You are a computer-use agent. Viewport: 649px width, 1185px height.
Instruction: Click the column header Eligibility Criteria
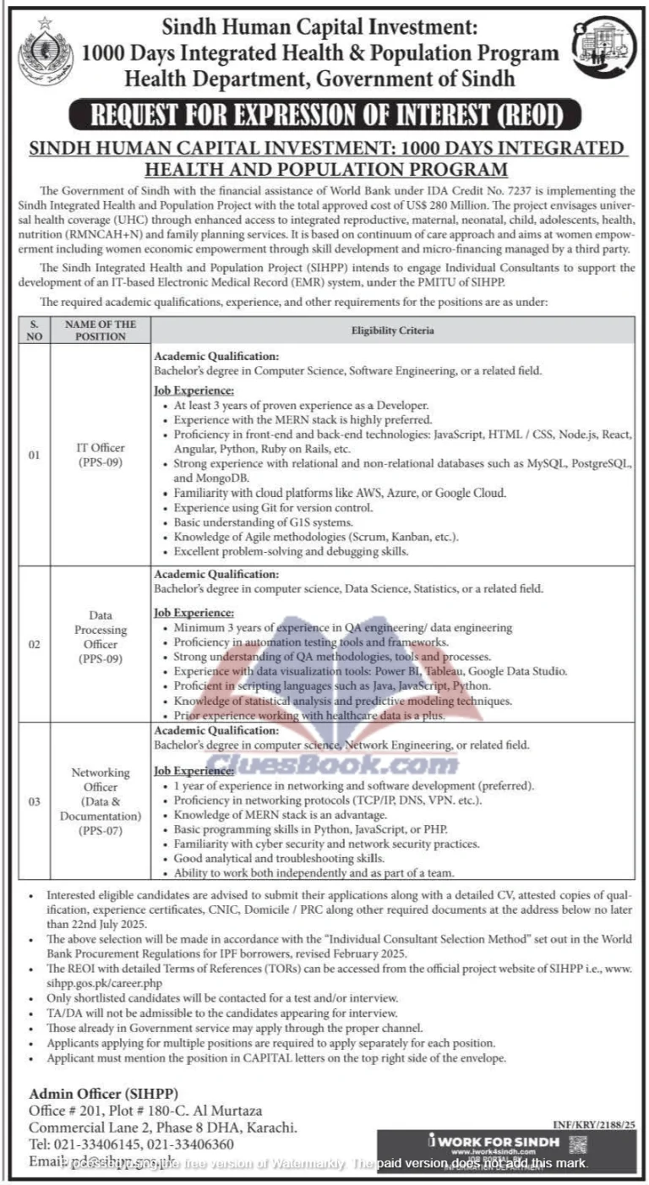click(392, 330)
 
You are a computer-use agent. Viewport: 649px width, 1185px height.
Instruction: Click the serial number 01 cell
click(34, 455)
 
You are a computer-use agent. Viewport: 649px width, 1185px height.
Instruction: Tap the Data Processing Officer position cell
click(101, 644)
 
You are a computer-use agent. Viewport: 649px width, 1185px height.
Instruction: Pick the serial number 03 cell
click(34, 801)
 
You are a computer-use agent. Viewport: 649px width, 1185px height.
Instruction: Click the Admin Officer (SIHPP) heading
click(104, 1093)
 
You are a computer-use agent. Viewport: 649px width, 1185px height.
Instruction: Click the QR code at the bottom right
click(578, 1144)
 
